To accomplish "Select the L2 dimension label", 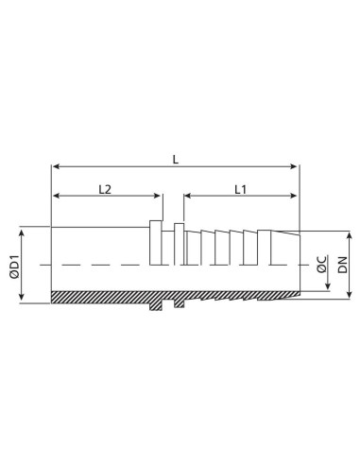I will tap(107, 189).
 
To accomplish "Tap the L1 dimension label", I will tap(239, 189).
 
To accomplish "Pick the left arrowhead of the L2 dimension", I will tap(56, 197).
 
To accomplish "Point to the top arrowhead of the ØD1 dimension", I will tap(22, 232).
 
